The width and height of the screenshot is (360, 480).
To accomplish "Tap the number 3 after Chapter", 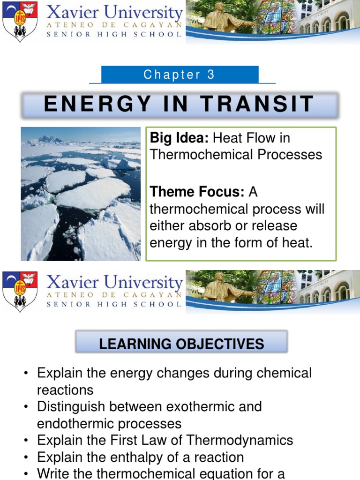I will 211,75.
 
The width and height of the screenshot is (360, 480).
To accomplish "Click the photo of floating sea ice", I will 81,194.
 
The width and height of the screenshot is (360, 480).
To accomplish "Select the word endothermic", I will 79,424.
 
